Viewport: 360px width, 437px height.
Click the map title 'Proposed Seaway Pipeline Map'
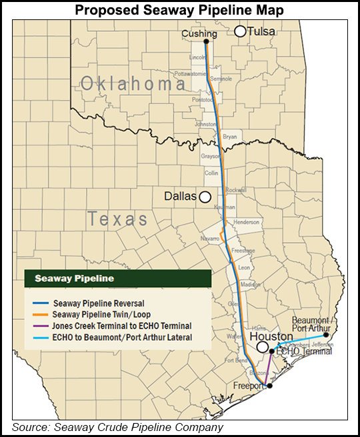point(180,10)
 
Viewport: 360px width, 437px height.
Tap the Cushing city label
point(202,33)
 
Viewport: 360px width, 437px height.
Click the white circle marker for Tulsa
point(240,31)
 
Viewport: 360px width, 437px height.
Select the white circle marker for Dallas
point(205,197)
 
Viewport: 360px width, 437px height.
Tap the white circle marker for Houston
point(263,347)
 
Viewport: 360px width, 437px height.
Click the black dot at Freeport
point(269,386)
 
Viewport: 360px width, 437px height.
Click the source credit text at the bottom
point(117,427)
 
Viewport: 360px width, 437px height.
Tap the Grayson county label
point(210,156)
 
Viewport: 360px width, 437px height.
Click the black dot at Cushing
point(207,41)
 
